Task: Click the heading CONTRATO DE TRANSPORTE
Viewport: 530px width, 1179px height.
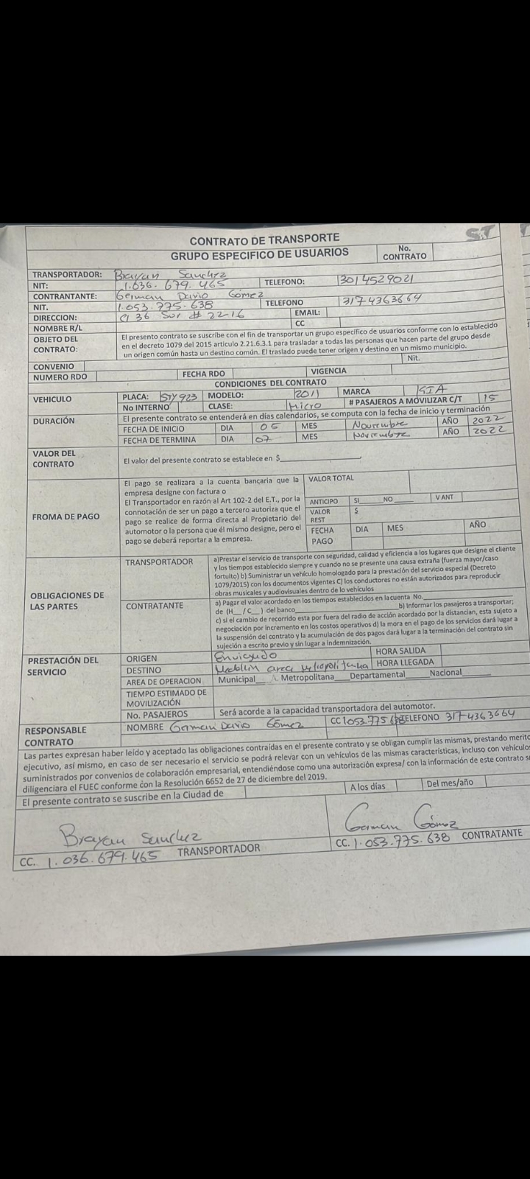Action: [264, 239]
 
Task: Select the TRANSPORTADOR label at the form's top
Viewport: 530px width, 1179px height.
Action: [67, 274]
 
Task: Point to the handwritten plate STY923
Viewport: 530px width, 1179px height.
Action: [178, 396]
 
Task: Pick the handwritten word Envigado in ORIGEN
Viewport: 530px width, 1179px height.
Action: [245, 655]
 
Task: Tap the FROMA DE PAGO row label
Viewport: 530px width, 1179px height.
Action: [66, 517]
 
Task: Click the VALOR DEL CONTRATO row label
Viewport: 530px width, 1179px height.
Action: [53, 458]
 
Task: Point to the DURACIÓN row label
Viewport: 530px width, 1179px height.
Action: [53, 421]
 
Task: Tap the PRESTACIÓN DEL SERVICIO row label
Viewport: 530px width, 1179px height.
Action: [63, 666]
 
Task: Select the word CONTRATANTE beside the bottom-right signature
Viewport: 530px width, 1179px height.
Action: [492, 835]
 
